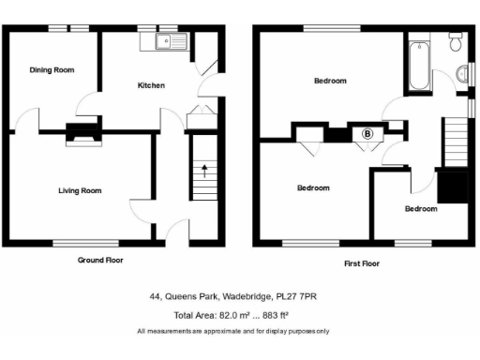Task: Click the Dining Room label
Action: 52,69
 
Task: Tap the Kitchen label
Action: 151,85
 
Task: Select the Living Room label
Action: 80,190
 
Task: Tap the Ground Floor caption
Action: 100,260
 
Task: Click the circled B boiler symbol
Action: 367,134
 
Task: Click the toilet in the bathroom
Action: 456,40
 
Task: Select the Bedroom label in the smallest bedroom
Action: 420,208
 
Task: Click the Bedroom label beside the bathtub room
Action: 329,81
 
